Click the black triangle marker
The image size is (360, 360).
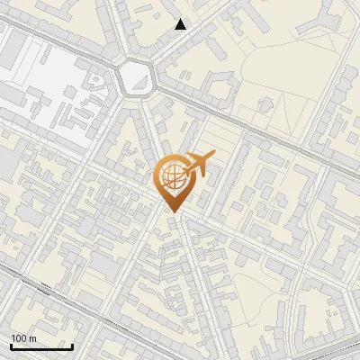[x=181, y=24]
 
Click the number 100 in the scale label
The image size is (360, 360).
[x=19, y=338]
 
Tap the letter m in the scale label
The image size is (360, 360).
[x=32, y=338]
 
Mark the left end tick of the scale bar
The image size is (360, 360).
[x=10, y=345]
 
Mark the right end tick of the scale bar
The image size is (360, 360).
[x=72, y=345]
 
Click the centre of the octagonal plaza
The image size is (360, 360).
[x=137, y=78]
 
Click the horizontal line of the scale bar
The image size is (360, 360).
[x=40, y=347]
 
